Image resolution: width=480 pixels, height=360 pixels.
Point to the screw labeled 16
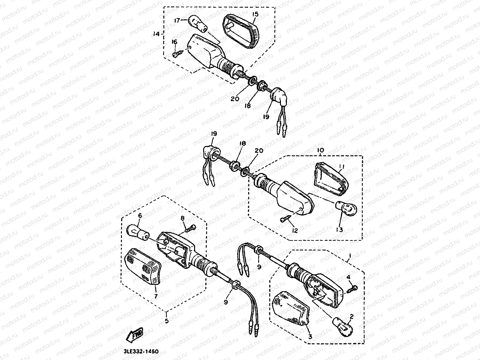[x=176, y=53]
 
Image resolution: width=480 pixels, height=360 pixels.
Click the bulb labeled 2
[x=344, y=324]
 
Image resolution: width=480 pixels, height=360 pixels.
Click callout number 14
[x=156, y=34]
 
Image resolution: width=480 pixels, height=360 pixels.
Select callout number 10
[x=320, y=151]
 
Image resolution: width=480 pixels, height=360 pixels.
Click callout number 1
[x=349, y=256]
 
